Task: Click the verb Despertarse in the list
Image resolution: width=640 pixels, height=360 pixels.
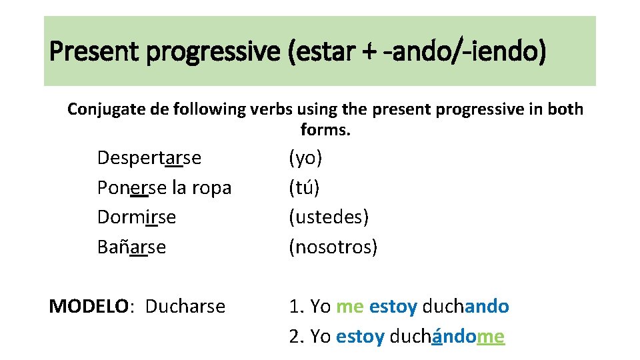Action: click(149, 158)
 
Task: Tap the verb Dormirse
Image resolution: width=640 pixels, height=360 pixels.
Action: click(137, 217)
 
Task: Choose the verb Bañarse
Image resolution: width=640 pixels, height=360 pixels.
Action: click(131, 247)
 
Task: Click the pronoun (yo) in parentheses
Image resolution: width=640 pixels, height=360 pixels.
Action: click(305, 158)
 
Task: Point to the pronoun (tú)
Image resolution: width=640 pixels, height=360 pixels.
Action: click(304, 188)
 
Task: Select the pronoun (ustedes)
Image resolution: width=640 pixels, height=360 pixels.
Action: click(329, 217)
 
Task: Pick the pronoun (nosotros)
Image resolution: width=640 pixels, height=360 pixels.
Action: click(333, 247)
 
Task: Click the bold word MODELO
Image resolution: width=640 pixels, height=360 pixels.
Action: click(87, 307)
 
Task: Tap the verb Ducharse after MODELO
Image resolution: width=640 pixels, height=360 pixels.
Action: click(185, 307)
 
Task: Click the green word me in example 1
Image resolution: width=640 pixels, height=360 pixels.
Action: click(350, 307)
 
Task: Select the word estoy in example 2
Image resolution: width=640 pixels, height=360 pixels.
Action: click(360, 337)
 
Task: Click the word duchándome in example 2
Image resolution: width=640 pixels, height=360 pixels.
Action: click(447, 337)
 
